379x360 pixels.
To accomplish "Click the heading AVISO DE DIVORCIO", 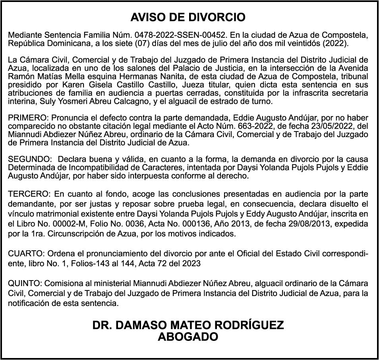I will coord(188,17).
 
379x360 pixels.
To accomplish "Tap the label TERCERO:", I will coord(27,194).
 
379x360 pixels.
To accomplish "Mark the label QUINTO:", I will coord(25,283).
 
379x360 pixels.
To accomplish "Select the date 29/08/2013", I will coord(300,224).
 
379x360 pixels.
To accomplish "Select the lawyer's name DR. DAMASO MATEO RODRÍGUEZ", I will coord(188,325).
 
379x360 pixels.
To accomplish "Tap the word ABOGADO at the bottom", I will coord(188,337).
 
